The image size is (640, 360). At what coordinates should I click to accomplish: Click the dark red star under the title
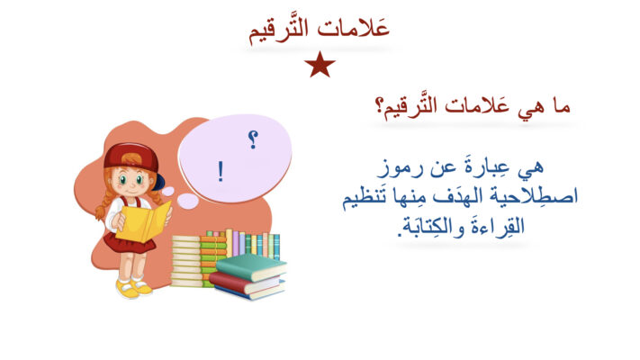[320, 65]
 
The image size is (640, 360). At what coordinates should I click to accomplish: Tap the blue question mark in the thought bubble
[253, 139]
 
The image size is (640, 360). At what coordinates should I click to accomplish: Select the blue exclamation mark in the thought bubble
[221, 171]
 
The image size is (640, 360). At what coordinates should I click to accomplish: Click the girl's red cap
[131, 157]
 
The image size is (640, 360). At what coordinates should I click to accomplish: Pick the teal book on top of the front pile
[251, 266]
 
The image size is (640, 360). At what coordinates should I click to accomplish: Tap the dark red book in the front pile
[245, 283]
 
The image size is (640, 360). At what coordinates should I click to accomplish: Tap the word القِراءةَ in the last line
[499, 227]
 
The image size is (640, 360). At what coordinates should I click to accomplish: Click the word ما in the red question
[561, 106]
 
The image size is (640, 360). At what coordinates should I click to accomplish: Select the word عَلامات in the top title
[354, 29]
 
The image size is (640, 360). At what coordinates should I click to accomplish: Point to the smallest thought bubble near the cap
[167, 191]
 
